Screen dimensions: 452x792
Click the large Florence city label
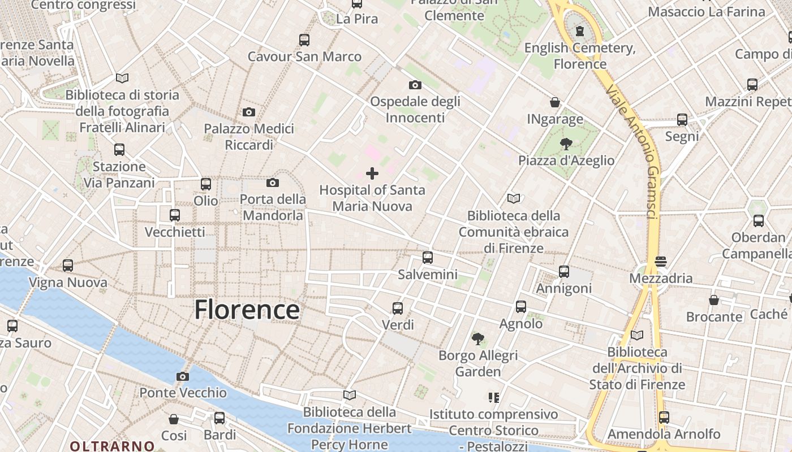(247, 310)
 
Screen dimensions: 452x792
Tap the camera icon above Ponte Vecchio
(182, 376)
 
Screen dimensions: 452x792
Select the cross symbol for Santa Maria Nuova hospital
(372, 173)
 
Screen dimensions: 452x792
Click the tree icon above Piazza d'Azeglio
(566, 144)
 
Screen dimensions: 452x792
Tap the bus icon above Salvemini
(428, 258)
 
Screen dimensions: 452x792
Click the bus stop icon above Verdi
(398, 308)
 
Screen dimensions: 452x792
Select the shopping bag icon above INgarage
(555, 103)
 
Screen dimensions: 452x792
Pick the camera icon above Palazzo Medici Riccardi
(248, 112)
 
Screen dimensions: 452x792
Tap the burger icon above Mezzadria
(660, 262)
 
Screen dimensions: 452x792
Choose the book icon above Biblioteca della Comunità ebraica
(514, 199)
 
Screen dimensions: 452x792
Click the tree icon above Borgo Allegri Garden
(478, 339)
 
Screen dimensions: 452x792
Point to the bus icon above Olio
(206, 184)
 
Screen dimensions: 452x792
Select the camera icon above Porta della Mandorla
(273, 182)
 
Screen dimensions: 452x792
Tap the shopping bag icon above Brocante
(714, 300)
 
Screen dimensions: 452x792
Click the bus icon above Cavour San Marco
(304, 40)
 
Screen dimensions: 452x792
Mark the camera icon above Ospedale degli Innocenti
(415, 85)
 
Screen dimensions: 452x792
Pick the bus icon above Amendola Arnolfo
(664, 418)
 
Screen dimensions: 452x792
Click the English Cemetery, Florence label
(580, 55)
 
